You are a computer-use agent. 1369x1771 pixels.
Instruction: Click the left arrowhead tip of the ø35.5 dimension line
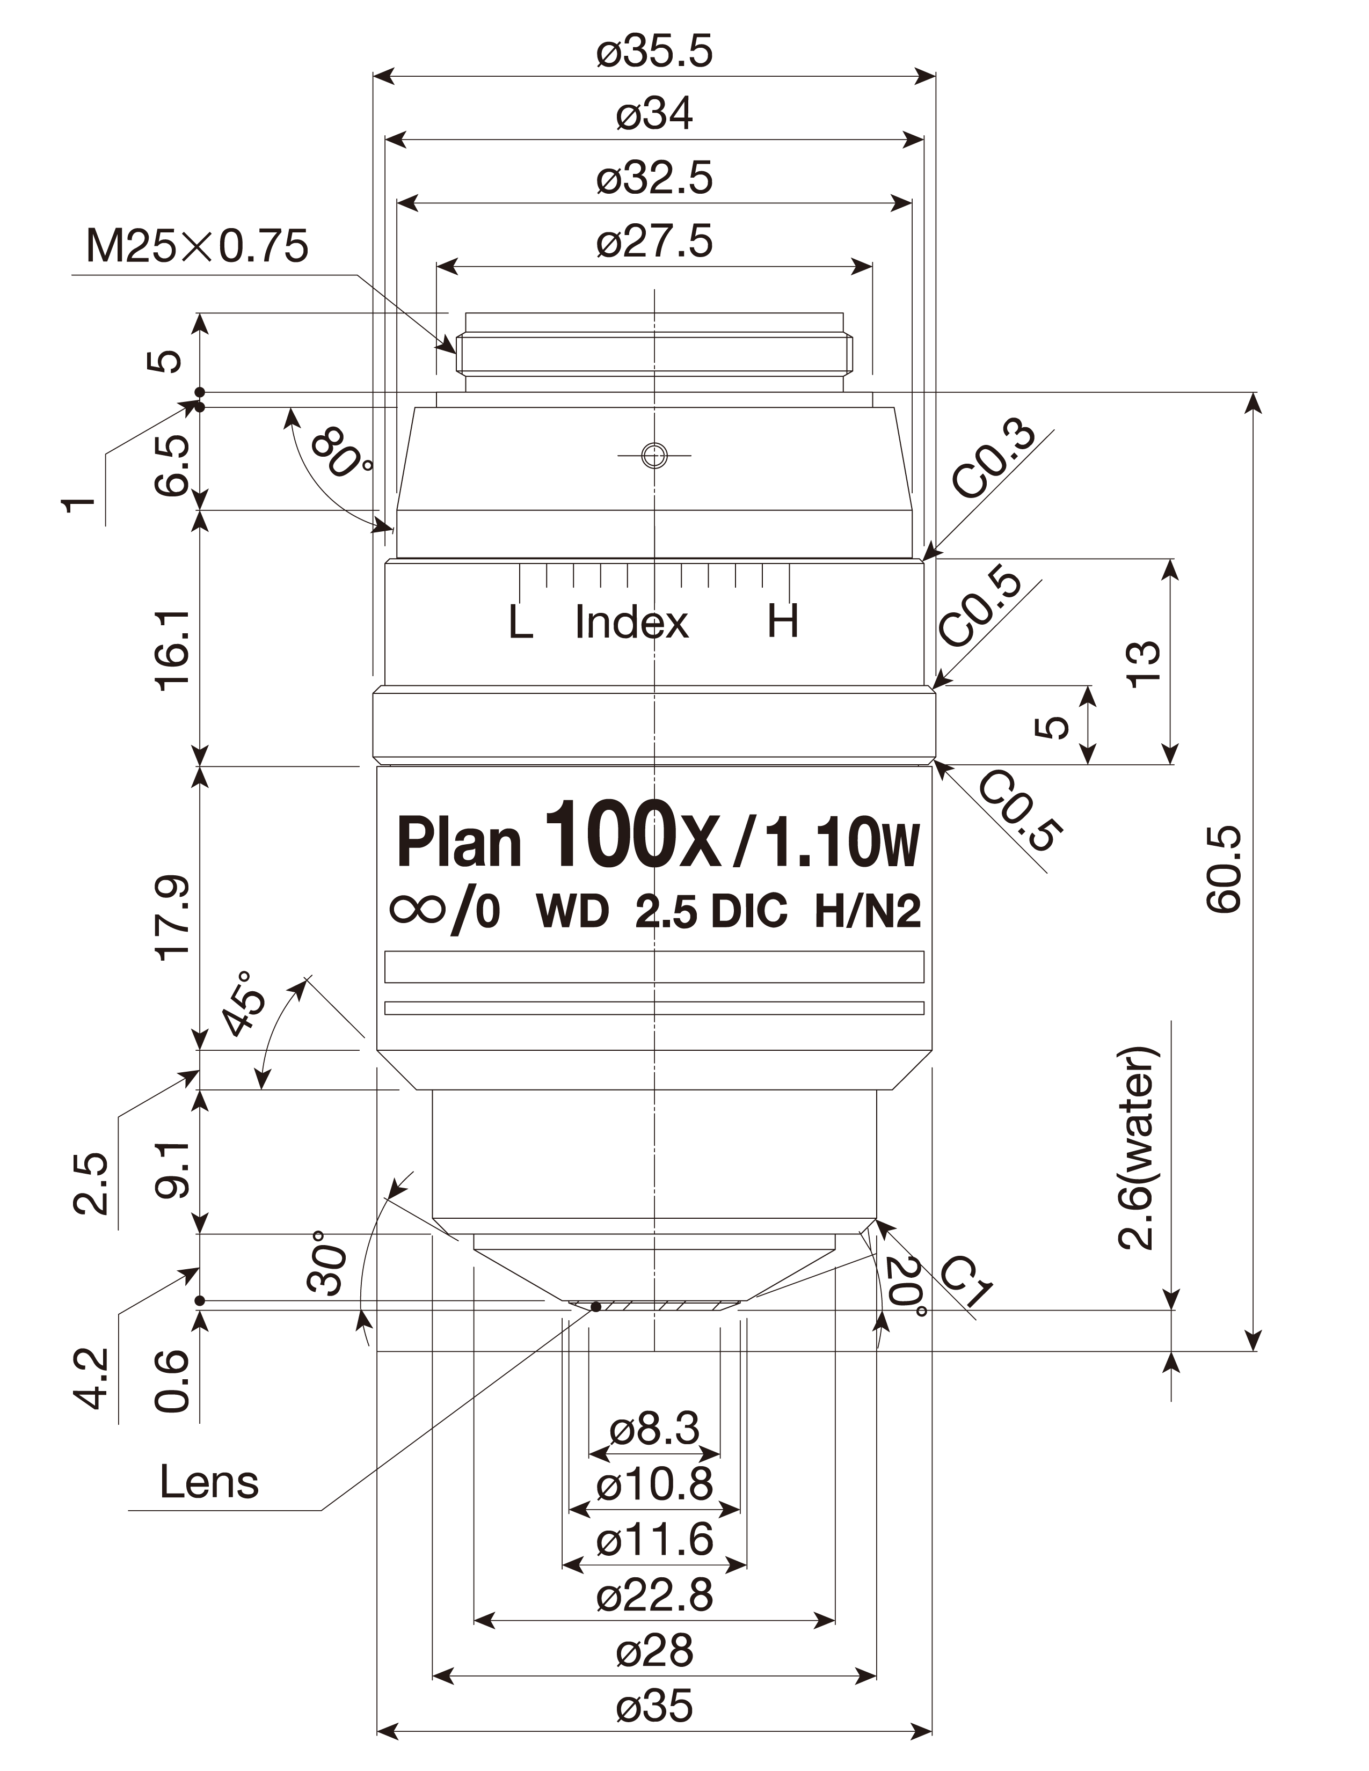coord(374,77)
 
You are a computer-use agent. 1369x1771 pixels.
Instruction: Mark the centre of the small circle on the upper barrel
coord(654,455)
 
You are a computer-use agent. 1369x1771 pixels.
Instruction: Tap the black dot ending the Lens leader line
coord(596,1306)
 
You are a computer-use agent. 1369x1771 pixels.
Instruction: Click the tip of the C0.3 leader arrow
coord(924,558)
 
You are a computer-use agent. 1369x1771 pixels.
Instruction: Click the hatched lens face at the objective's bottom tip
coord(654,1306)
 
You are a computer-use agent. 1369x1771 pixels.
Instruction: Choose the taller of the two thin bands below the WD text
coord(654,967)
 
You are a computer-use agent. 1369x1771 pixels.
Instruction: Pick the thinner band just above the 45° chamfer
coord(654,1008)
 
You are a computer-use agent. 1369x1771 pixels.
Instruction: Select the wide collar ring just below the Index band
coord(654,723)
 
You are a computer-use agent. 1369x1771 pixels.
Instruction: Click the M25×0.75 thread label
coord(197,246)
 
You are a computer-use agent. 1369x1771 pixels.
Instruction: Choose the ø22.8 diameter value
coord(654,1595)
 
